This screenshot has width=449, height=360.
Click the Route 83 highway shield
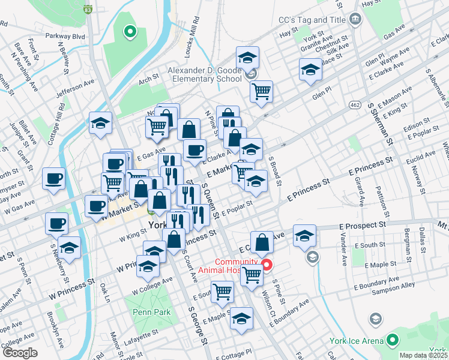[x=88, y=10]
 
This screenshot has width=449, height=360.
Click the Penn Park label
[x=152, y=312]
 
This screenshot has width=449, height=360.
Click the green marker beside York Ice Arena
[x=393, y=340]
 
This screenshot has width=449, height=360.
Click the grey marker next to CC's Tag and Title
[x=355, y=19]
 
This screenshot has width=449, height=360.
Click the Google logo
[x=20, y=353]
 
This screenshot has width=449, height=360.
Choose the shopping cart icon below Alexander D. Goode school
[x=261, y=92]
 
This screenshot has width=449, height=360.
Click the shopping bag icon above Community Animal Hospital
[x=262, y=242]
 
